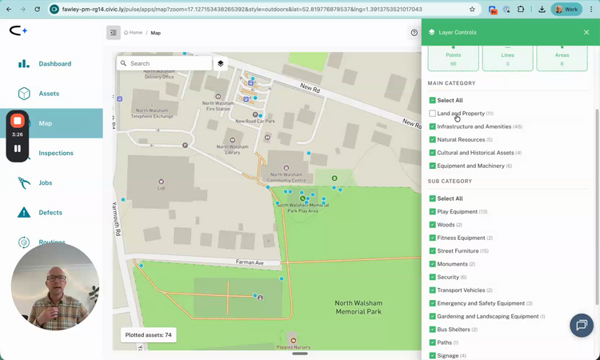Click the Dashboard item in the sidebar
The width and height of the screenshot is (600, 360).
pos(54,64)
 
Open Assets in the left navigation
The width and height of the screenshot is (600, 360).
pos(49,94)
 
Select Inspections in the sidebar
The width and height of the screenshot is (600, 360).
pos(56,153)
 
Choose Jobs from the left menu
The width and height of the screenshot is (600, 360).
pos(46,182)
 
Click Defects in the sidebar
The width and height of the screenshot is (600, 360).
pos(50,213)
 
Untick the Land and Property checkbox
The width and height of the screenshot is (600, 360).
pos(433,114)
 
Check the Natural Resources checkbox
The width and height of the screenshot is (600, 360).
pos(433,140)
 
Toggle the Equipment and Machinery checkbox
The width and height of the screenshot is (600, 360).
pos(433,166)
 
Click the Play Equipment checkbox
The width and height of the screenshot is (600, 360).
pos(433,212)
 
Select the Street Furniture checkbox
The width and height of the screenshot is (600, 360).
pos(433,251)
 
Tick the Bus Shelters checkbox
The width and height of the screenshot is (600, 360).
pos(433,330)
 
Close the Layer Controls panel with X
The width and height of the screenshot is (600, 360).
pos(586,33)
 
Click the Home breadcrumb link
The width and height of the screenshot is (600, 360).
pos(134,33)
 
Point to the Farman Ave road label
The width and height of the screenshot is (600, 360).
pos(250,262)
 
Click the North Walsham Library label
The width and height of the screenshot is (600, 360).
pos(232,149)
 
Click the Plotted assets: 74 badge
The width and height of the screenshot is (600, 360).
pos(149,335)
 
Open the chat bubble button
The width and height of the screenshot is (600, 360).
pos(582,325)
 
